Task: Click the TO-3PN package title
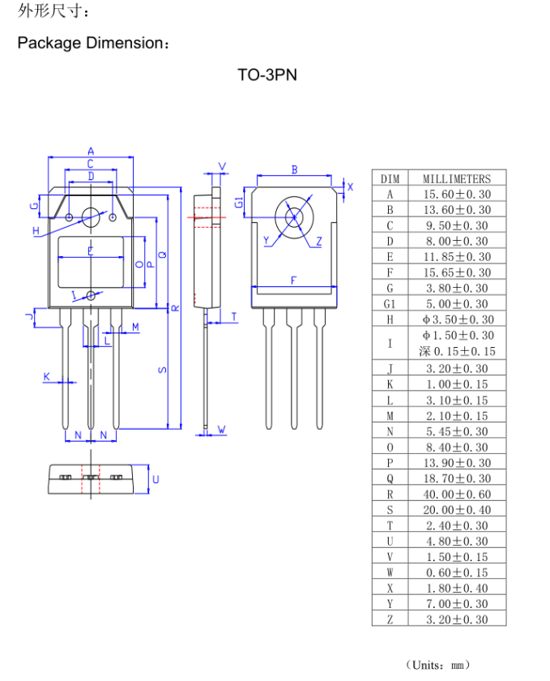(x=267, y=75)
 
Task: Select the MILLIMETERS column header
(x=456, y=178)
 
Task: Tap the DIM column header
(x=390, y=178)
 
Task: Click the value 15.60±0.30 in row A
(x=457, y=194)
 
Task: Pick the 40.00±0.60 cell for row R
(x=457, y=494)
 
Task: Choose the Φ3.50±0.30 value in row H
(x=457, y=319)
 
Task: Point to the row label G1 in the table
(x=390, y=304)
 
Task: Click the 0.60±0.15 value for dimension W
(x=457, y=572)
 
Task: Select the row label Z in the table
(x=390, y=619)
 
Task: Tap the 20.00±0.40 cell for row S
(x=457, y=509)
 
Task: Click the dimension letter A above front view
(x=91, y=151)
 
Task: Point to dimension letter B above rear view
(x=294, y=169)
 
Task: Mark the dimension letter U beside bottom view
(x=156, y=479)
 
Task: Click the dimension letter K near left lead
(x=46, y=376)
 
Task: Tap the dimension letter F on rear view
(x=293, y=281)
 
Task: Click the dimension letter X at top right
(x=350, y=186)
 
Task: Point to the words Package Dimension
(x=93, y=43)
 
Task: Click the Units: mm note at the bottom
(x=437, y=665)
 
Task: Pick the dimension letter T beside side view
(x=234, y=317)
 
